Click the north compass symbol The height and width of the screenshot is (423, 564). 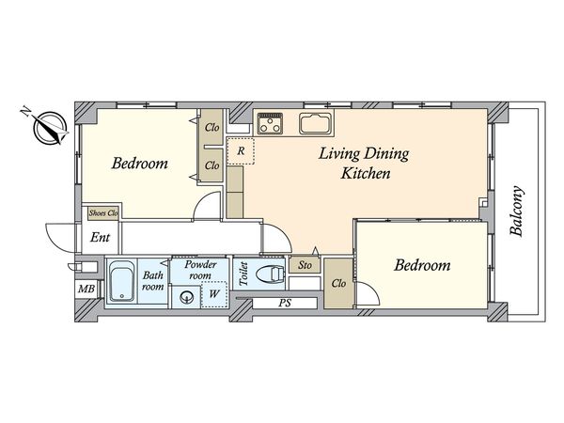50,129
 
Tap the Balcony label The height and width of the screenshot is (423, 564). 517,211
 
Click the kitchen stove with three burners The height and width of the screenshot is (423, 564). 270,123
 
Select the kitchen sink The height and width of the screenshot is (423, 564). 315,123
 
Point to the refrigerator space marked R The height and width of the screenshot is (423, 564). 241,151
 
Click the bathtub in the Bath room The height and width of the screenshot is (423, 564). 122,281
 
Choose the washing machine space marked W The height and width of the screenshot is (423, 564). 214,294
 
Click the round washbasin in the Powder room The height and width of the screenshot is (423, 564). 186,297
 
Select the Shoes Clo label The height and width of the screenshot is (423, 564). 103,213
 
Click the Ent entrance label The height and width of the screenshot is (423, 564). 100,238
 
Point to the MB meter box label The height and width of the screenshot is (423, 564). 86,289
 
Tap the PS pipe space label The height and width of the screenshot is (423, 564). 285,304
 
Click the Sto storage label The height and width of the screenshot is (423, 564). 305,265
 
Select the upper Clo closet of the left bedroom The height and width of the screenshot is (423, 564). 211,127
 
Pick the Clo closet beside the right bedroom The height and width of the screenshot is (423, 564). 338,284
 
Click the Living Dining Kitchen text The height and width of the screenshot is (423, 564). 365,164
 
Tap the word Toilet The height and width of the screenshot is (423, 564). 243,274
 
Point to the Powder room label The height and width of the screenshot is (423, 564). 200,270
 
